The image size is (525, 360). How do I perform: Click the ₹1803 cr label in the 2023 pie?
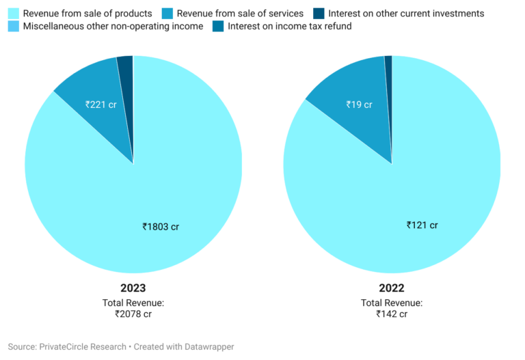coord(161,226)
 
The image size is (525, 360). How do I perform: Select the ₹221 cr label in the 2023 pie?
coord(100,105)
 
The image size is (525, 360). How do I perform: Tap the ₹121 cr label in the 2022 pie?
coord(422,225)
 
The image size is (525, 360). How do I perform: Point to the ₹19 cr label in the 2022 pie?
coord(358,105)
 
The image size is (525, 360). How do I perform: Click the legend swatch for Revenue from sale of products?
coord(14,14)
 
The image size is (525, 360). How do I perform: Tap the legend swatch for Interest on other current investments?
coord(319,14)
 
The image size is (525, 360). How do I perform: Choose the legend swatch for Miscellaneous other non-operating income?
coord(14,27)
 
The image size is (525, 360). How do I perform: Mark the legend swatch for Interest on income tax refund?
coord(218,27)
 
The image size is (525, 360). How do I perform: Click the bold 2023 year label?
coord(133,288)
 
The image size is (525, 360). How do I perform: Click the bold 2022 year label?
coord(392,288)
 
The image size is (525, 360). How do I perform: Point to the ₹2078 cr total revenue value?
coord(133,314)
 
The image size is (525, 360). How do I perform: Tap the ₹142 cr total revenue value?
coord(392,314)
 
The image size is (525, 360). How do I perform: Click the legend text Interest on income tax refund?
coord(290,27)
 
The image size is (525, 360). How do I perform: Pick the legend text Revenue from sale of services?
coord(240,14)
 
